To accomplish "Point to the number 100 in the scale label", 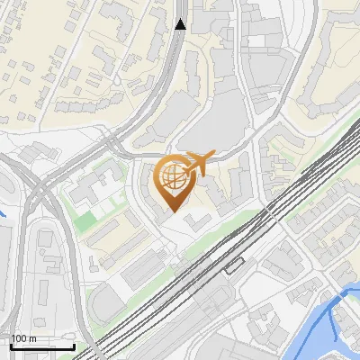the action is click(x=19, y=339).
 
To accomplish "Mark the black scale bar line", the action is click(x=41, y=346).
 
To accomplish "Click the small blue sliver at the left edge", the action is click(x=3, y=215).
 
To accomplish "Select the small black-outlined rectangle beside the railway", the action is click(x=235, y=265).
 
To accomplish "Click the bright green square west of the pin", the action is click(x=83, y=218).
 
